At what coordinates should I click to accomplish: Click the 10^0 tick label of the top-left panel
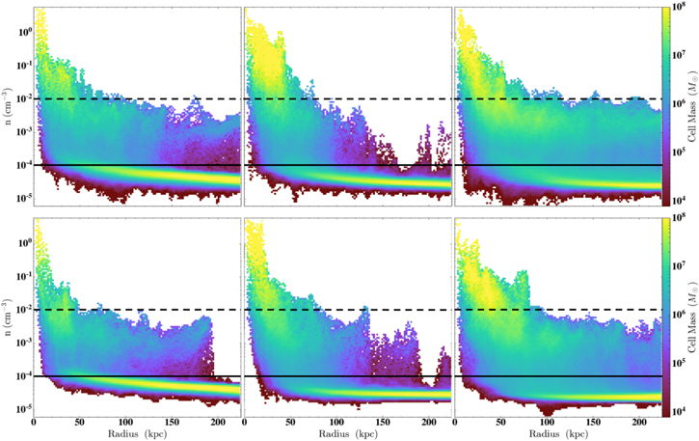point(24,32)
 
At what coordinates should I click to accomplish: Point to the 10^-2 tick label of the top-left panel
point(24,98)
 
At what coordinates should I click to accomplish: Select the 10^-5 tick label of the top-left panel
point(24,198)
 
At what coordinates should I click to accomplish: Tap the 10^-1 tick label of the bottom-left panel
point(24,276)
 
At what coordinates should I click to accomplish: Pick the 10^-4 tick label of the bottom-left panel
point(24,375)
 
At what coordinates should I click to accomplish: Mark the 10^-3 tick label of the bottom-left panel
point(24,343)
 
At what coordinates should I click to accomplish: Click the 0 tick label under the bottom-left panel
point(34,423)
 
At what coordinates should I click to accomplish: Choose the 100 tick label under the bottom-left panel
point(125,423)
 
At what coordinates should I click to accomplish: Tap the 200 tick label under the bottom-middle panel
point(428,423)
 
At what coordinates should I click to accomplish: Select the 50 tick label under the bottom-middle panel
point(290,423)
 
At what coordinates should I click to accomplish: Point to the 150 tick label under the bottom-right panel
point(593,423)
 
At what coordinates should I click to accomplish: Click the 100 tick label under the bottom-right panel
point(547,423)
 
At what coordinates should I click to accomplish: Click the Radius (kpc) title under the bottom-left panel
point(137,434)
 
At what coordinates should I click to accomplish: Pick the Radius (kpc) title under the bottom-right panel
point(558,434)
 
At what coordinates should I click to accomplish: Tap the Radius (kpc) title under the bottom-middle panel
point(348,434)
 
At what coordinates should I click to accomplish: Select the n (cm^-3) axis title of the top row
point(9,106)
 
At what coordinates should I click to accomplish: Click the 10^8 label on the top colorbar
point(680,7)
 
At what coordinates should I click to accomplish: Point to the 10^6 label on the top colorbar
point(680,103)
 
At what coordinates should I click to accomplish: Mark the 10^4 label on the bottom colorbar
point(680,411)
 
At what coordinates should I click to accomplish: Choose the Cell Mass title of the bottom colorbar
point(692,317)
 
